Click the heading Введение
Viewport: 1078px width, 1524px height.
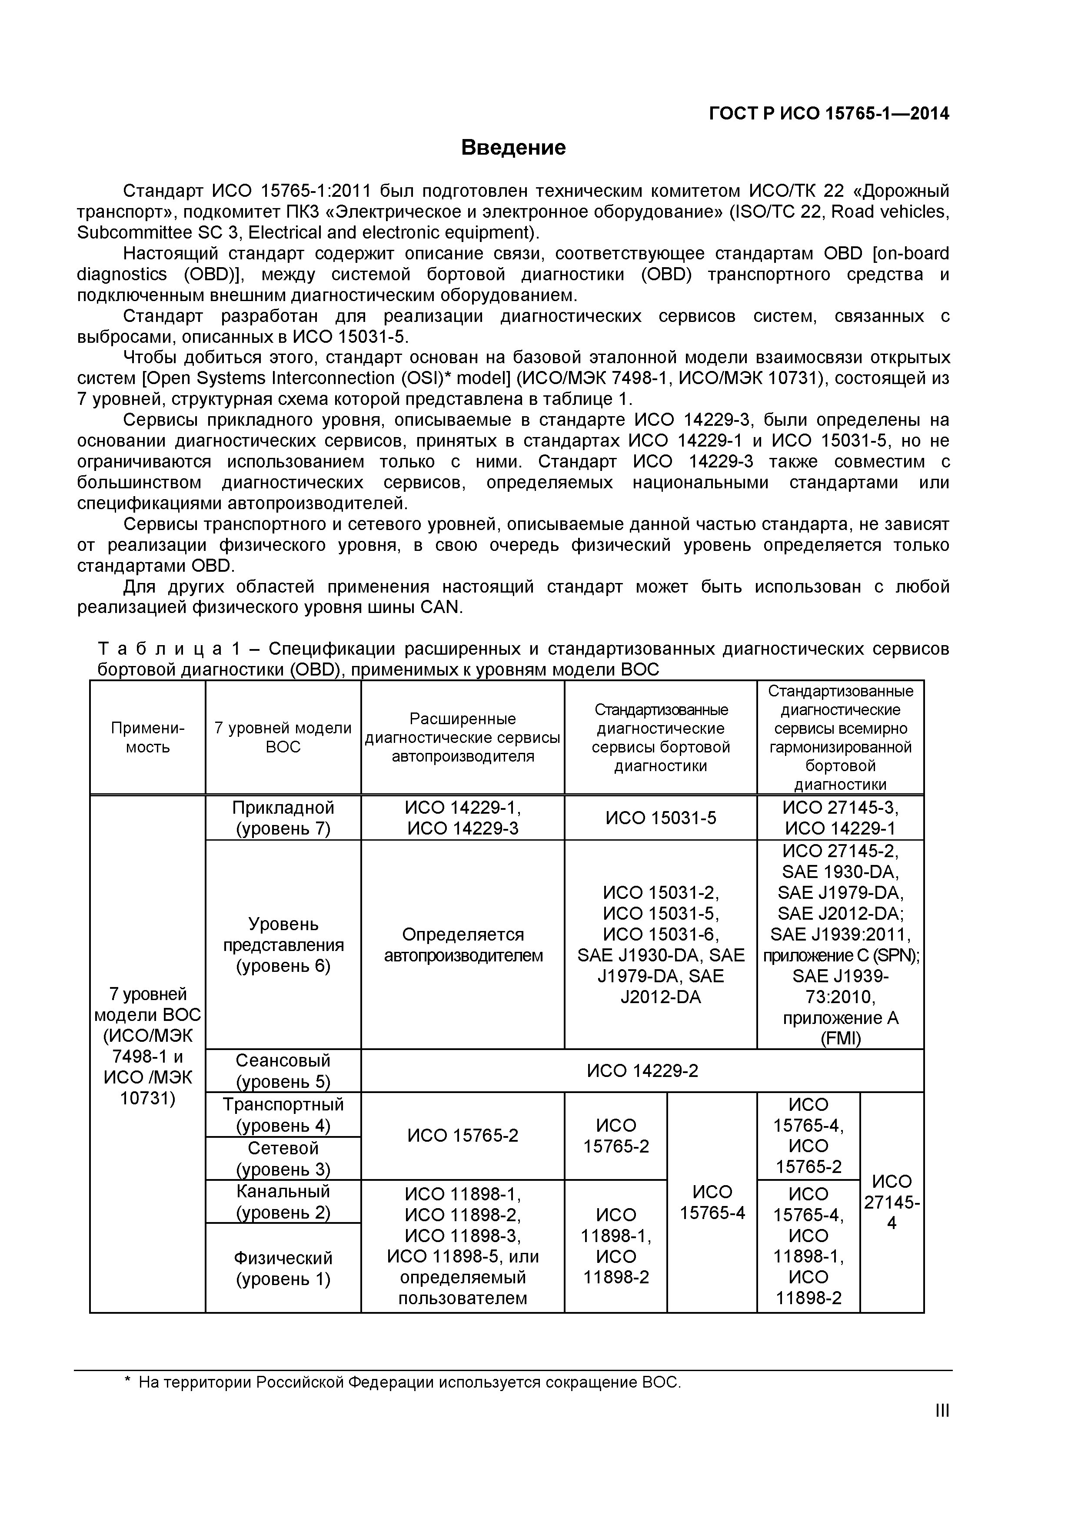coord(513,147)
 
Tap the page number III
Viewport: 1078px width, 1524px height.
coord(942,1428)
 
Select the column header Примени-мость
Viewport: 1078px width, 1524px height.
coord(147,737)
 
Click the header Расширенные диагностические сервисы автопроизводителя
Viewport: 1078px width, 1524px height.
coord(462,737)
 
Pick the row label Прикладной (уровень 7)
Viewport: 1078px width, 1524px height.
coord(283,818)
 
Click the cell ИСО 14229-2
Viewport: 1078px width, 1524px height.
coord(642,1070)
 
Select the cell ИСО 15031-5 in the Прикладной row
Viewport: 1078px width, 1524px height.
coord(660,818)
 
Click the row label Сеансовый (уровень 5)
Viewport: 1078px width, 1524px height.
coord(283,1070)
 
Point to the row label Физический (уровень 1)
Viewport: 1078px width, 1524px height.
coord(283,1269)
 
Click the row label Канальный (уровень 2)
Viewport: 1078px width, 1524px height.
coord(283,1201)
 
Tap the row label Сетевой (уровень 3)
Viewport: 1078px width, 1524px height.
coord(283,1158)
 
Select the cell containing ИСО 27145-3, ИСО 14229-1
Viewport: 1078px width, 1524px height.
coord(840,818)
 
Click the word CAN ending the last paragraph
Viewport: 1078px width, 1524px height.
coord(440,607)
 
